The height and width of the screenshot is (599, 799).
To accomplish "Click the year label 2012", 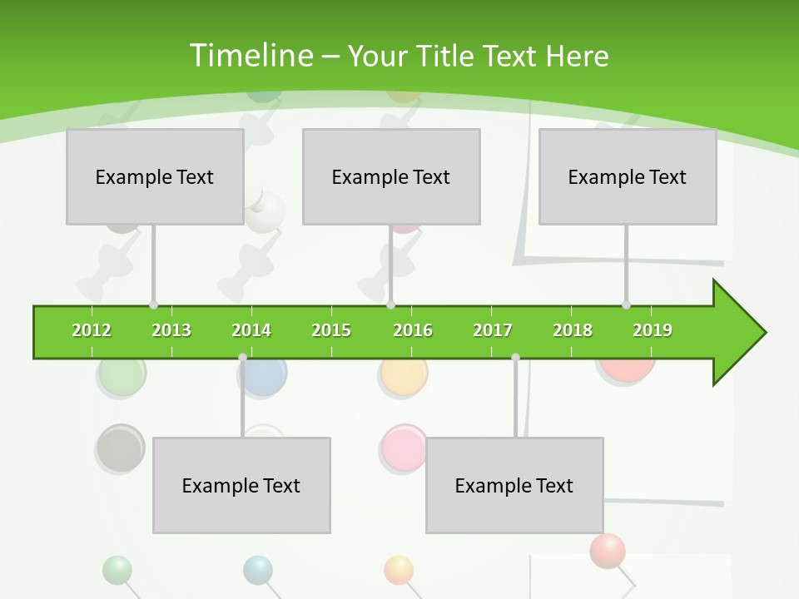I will tap(92, 330).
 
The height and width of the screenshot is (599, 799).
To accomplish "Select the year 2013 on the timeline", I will tap(171, 330).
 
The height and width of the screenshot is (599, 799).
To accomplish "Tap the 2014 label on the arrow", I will tap(251, 330).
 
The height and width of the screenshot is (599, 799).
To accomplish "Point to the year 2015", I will tap(331, 330).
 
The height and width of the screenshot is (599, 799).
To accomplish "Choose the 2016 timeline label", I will tap(413, 330).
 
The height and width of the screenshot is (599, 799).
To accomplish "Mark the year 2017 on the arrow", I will tap(493, 330).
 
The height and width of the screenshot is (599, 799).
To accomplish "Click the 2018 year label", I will tap(573, 330).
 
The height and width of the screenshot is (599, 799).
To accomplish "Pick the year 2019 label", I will tap(653, 330).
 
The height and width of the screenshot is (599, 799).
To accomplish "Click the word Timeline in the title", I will tap(250, 56).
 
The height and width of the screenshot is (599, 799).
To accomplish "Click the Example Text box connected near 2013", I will tap(155, 176).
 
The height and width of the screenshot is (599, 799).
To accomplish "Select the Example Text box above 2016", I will tap(391, 176).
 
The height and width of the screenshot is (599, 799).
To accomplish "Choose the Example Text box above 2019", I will tap(628, 176).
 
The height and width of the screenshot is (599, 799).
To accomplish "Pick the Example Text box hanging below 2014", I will tap(241, 485).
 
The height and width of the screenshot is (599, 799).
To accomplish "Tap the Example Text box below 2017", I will tap(514, 485).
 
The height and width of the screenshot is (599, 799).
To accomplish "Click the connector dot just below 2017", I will tap(515, 357).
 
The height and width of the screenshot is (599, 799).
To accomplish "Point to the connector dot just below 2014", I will tap(242, 357).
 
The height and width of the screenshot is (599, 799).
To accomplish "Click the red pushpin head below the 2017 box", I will tap(608, 550).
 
